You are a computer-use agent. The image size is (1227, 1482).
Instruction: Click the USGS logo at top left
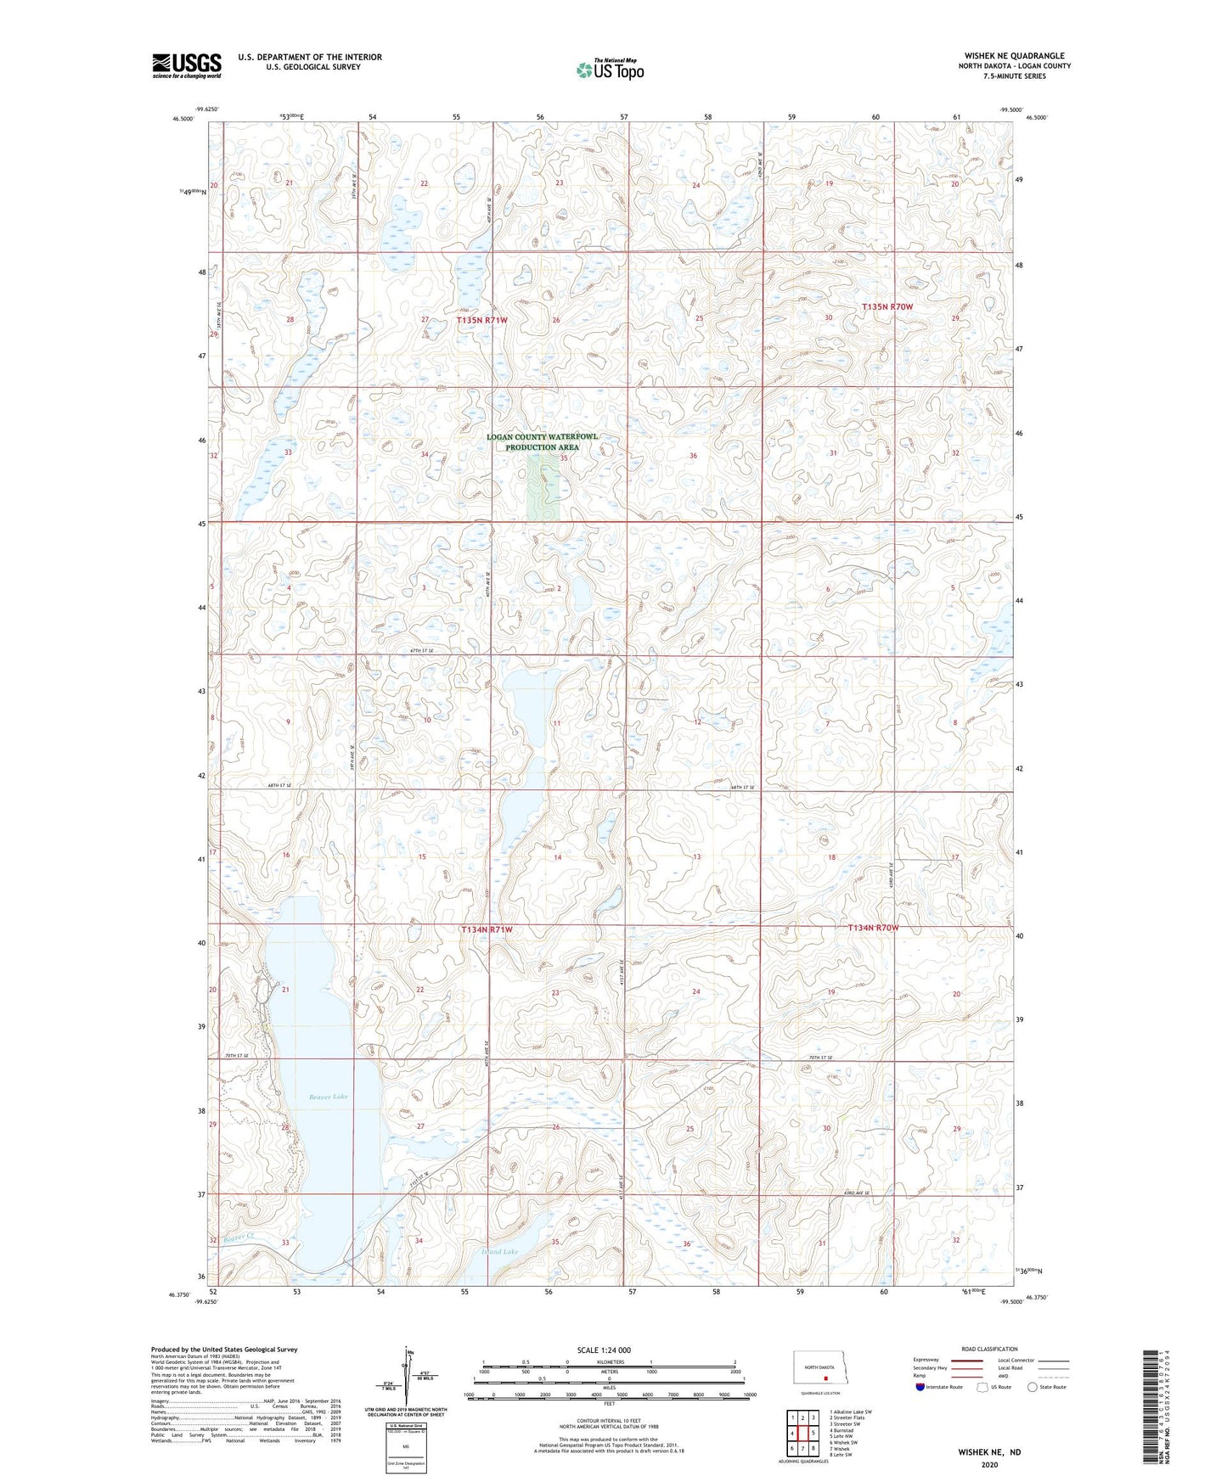click(187, 65)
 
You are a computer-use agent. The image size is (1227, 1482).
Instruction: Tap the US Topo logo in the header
click(610, 70)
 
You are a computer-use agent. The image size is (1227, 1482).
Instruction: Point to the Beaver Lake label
click(328, 1097)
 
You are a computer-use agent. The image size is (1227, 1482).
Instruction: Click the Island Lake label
click(499, 1252)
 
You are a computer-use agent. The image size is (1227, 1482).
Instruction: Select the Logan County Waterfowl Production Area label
click(543, 441)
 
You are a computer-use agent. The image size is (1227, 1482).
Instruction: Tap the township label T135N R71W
click(481, 320)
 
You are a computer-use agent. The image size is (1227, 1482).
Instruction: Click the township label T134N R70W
click(873, 928)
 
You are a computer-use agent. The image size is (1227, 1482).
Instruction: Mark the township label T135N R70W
click(887, 306)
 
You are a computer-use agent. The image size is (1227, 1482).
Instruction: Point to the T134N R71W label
click(487, 929)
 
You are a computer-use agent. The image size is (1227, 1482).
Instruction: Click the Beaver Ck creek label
click(239, 1238)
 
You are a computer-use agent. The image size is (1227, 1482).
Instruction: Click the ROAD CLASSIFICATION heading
click(989, 1349)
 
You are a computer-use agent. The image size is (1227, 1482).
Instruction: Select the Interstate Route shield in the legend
click(921, 1387)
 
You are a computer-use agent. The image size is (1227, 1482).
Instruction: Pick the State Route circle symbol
click(1033, 1387)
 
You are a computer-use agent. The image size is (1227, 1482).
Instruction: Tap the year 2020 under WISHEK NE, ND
click(989, 1464)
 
